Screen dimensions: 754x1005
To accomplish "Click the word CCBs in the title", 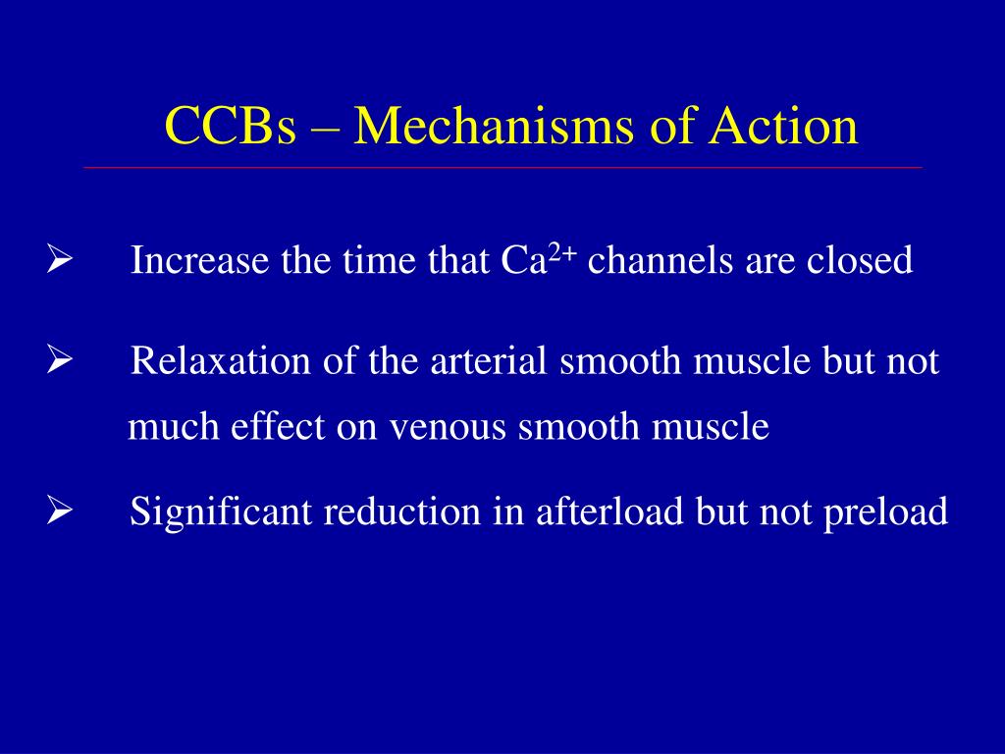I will (x=230, y=127).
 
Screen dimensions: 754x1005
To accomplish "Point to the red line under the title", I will (x=502, y=168).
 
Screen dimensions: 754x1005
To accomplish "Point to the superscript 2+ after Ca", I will (x=562, y=254).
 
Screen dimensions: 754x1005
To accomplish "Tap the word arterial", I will (x=491, y=362).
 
